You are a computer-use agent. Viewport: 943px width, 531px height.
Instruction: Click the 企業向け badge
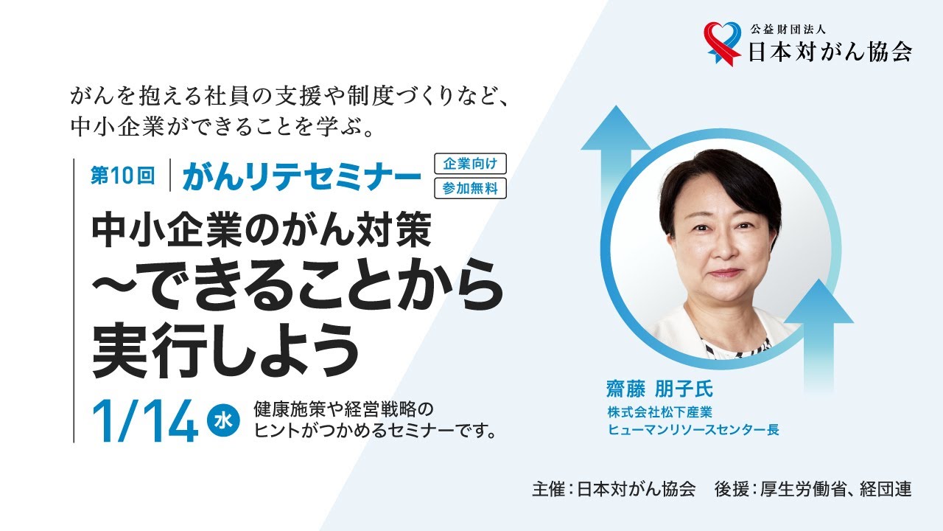[x=470, y=164]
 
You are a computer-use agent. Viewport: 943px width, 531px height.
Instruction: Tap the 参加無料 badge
[x=470, y=188]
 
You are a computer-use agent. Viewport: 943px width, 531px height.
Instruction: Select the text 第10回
[x=122, y=176]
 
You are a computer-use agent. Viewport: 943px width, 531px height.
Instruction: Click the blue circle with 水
[x=223, y=420]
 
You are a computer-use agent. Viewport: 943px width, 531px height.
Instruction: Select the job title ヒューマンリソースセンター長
[x=693, y=429]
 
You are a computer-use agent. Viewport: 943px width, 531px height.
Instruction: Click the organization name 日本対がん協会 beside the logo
[x=829, y=52]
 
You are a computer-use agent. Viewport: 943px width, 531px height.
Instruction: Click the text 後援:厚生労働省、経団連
[x=813, y=490]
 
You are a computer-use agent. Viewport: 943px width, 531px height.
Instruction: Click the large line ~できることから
[x=297, y=291]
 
